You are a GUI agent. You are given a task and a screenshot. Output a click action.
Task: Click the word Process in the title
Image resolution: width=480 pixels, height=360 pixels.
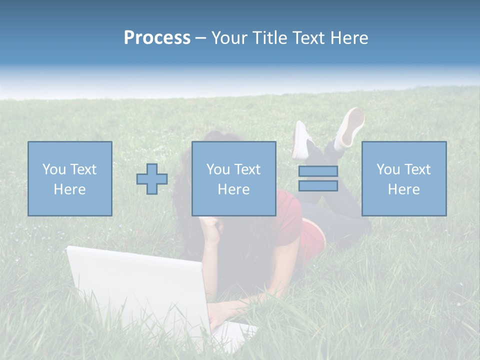pos(157,38)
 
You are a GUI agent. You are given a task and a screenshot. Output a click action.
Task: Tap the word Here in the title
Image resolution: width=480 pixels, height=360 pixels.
pos(348,38)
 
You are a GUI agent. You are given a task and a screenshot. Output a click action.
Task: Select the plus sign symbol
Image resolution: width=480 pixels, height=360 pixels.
pos(152,179)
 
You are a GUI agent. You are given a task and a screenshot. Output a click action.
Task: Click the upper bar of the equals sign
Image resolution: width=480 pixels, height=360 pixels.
pos(318,171)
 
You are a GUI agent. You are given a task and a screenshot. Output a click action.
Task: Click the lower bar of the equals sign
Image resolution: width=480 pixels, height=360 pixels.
pos(318,186)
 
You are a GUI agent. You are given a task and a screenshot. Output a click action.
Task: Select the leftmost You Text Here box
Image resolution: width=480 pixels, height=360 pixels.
pos(70,178)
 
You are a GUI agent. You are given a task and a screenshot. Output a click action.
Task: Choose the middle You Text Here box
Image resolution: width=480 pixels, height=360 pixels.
pos(233,178)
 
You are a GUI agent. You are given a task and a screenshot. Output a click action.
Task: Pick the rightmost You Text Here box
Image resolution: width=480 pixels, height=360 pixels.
pos(403,178)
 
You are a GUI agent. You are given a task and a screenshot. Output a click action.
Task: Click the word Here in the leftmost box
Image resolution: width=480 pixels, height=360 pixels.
pos(70,189)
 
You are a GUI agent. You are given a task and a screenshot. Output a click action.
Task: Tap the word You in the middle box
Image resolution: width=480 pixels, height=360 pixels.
pos(218,169)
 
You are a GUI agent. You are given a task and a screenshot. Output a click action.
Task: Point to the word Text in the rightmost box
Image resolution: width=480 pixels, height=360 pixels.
pos(417,169)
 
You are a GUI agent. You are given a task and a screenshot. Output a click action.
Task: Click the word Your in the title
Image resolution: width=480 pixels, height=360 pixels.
pos(231,38)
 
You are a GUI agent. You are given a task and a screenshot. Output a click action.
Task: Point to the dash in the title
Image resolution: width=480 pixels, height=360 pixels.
pos(200,38)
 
